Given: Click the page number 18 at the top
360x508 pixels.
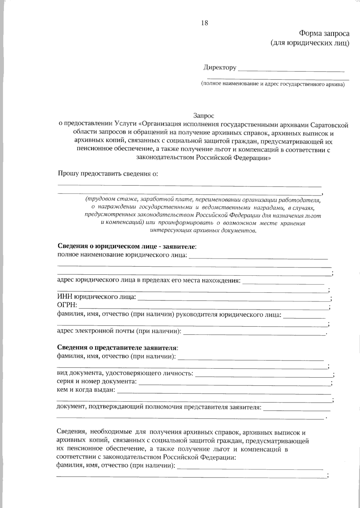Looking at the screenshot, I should pos(205,23).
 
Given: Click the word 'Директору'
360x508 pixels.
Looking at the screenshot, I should pos(220,68).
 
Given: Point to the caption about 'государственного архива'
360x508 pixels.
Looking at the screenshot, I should pos(273,84).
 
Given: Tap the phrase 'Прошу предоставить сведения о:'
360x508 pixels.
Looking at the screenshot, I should pos(108,174).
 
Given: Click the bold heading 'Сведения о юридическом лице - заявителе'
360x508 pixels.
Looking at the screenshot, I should pos(127,247).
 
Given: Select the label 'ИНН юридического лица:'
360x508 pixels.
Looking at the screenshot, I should pos(96,297).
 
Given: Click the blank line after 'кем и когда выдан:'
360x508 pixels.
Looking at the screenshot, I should pos(224,392).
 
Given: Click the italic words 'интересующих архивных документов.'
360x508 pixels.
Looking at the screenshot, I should pos(203,231).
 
